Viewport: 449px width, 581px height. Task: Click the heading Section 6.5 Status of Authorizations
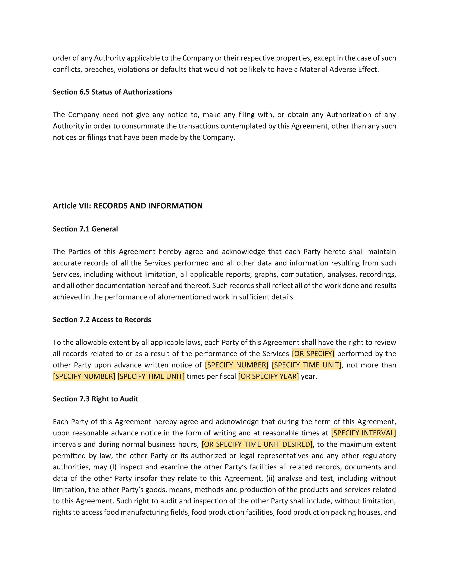tap(112, 92)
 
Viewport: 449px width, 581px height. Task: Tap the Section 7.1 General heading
tap(85, 229)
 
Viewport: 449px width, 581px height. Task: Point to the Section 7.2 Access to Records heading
tap(102, 320)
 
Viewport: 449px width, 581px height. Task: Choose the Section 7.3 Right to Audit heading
tap(95, 399)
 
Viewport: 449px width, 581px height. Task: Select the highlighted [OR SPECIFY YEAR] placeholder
tap(268, 376)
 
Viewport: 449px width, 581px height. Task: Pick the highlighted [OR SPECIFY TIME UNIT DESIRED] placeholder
tap(257, 444)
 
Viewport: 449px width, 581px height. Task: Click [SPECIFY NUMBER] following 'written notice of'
tap(236, 365)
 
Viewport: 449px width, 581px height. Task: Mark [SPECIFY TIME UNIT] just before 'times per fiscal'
tap(151, 376)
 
